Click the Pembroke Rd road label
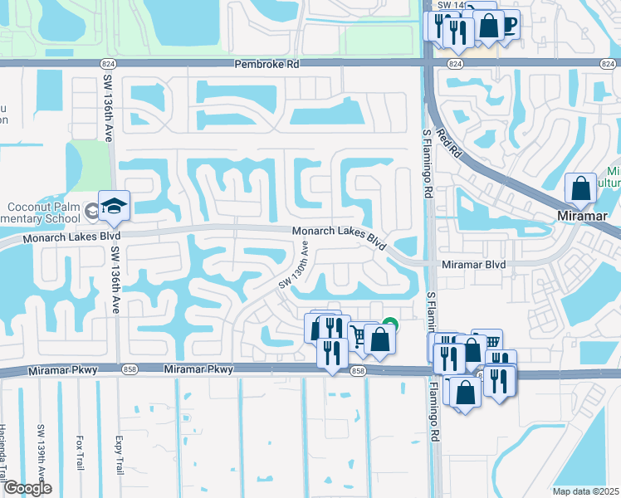click(x=266, y=64)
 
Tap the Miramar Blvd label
click(x=473, y=264)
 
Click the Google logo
click(x=27, y=488)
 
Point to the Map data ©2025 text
click(x=584, y=491)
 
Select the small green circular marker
click(x=390, y=325)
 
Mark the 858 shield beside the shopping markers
click(x=358, y=370)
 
